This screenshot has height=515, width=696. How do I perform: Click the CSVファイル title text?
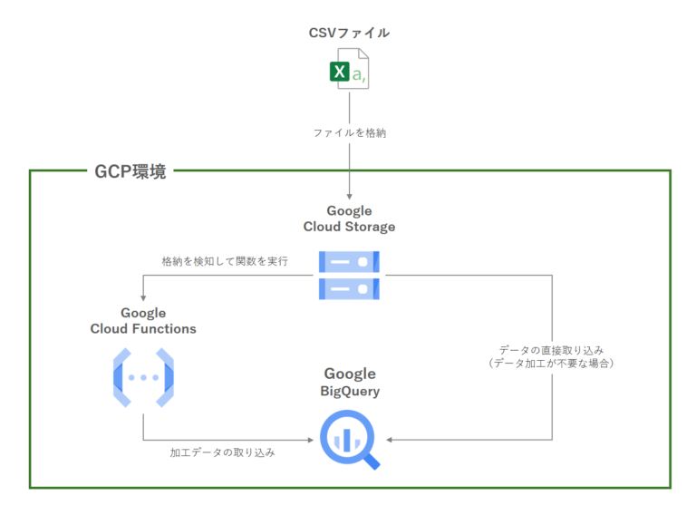click(x=349, y=33)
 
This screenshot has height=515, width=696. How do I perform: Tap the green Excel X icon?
click(x=340, y=72)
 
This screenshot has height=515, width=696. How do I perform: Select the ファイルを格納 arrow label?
click(x=349, y=132)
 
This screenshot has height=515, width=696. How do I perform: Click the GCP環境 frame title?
click(x=130, y=171)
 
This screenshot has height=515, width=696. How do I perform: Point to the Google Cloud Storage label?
click(x=349, y=219)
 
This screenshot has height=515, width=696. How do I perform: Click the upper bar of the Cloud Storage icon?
click(x=349, y=262)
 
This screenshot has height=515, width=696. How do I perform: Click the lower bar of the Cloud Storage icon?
click(x=349, y=288)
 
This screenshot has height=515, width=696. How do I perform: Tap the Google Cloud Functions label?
click(x=143, y=321)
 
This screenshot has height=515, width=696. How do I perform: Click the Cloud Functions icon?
click(x=143, y=376)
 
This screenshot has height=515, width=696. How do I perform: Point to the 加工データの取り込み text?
click(x=222, y=451)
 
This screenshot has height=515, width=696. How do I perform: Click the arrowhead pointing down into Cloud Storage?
click(x=349, y=196)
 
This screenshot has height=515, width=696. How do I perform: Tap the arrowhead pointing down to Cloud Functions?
click(x=143, y=297)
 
